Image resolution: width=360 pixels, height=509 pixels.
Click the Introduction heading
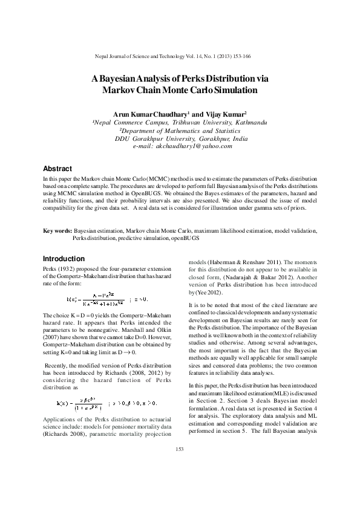pos(64,258)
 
